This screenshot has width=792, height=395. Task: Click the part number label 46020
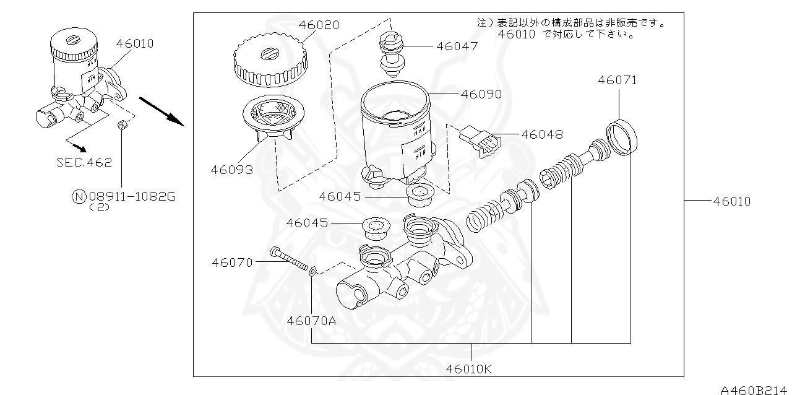[319, 25]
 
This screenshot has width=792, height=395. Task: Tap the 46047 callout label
[457, 46]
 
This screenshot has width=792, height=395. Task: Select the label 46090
[481, 94]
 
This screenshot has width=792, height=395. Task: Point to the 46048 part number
[542, 134]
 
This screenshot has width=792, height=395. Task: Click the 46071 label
[617, 80]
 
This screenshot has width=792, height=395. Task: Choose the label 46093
[232, 169]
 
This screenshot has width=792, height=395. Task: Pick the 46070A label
[311, 321]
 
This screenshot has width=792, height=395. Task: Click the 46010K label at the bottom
[470, 370]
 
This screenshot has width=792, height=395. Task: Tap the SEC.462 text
[84, 163]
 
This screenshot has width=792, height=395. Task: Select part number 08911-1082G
[132, 197]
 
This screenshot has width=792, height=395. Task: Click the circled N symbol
[79, 197]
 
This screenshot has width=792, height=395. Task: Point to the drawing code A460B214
[755, 389]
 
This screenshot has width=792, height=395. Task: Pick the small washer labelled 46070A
[313, 270]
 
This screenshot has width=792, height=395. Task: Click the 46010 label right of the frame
[731, 201]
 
